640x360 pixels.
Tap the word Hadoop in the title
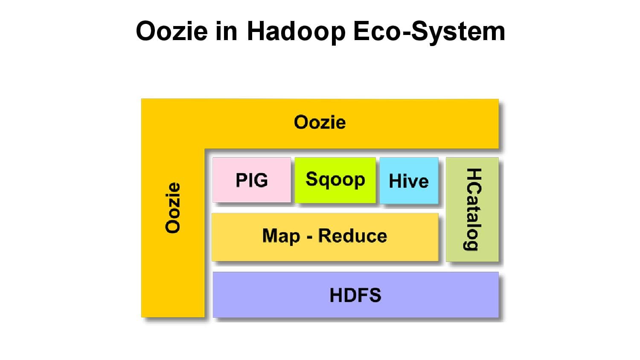296,31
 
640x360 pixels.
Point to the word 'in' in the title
226,31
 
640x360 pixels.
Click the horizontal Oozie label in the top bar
320,122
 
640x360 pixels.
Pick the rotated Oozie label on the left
173,208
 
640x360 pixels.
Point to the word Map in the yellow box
281,236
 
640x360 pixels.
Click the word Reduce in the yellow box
352,236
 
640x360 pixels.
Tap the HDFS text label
355,295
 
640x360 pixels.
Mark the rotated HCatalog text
473,209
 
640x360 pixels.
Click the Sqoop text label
335,180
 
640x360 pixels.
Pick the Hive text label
409,181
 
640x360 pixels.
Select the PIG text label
252,180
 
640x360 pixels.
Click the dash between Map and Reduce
309,237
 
